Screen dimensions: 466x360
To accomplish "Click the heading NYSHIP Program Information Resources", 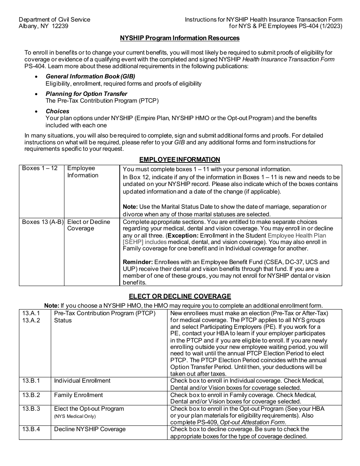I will click(180, 38).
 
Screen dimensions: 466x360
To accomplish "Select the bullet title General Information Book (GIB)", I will click(90, 76).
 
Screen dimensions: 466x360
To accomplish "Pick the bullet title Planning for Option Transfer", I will click(86, 94).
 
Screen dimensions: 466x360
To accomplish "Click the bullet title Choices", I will click(58, 111).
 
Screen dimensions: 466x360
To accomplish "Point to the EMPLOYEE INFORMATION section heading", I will click(180, 160).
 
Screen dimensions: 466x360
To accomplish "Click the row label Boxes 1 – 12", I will click(40, 168).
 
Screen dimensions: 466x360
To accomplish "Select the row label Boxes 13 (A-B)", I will click(42, 222).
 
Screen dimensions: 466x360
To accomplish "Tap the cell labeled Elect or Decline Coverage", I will click(88, 225).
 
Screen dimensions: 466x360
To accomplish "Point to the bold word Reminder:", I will click(138, 262).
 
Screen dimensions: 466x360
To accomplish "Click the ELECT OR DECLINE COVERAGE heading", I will click(180, 296).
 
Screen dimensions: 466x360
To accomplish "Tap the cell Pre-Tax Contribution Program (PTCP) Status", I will click(105, 316).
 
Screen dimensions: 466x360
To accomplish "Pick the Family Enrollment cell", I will click(78, 395).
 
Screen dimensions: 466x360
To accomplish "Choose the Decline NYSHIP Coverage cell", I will click(90, 429).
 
